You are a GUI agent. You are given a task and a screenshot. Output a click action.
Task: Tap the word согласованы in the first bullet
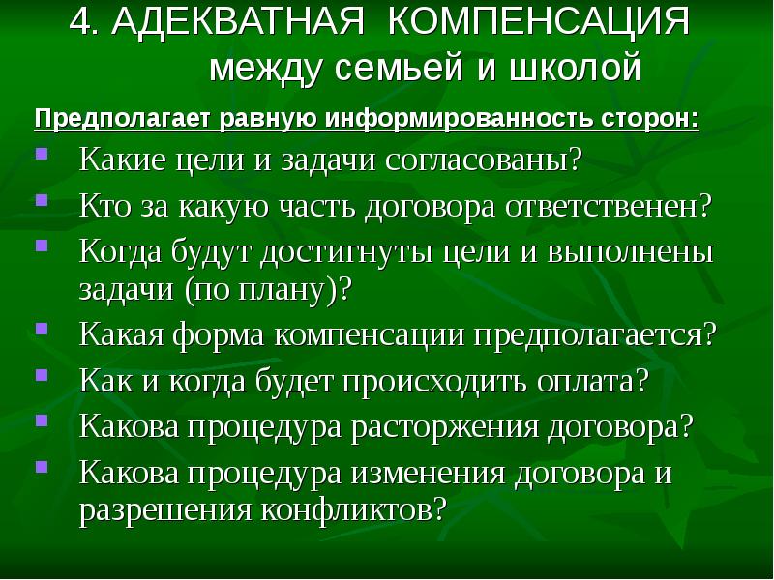493,159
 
